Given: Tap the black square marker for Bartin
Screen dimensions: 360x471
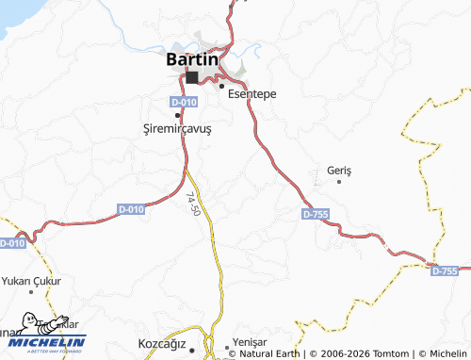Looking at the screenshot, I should pos(192,78).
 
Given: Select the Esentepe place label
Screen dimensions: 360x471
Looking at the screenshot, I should pos(252,94).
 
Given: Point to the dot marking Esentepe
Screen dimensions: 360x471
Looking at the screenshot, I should pos(221,87).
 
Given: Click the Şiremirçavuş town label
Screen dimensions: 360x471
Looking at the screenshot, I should pos(176,130).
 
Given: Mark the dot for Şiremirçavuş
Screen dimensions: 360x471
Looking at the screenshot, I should pos(177,115).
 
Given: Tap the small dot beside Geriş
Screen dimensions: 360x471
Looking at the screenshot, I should pos(339,181).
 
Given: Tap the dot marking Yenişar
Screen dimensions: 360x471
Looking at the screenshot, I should pos(227,347).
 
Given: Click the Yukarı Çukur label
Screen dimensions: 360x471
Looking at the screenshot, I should pos(32,281).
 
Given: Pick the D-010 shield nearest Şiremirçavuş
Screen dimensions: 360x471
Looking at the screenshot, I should pos(184,102).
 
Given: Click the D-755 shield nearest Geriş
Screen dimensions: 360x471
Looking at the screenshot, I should pos(316,215).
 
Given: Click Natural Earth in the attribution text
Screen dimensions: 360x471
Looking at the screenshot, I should pos(270,353).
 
